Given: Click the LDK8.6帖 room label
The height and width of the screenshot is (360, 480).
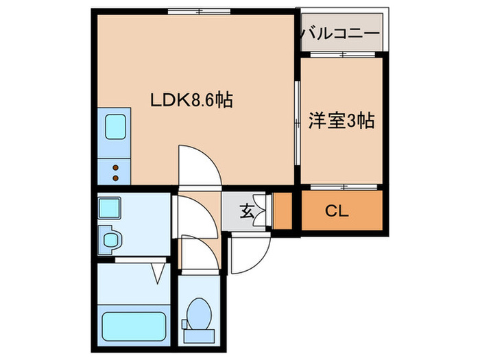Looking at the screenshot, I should click(191, 100).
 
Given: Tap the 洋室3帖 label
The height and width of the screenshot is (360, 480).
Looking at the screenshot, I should click(341, 121).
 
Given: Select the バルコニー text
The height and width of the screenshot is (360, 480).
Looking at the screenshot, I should click(340, 33).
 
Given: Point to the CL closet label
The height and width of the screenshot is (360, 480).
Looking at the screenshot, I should click(336, 211).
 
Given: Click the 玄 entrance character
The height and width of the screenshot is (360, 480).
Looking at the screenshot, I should click(246, 211).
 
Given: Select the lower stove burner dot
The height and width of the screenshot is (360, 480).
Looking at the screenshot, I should click(115, 178).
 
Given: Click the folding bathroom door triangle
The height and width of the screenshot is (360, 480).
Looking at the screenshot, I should click(158, 272).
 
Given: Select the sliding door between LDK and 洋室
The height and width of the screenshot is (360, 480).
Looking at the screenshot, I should click(297, 123).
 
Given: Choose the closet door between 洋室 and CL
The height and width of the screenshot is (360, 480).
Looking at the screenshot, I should click(341, 186).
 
